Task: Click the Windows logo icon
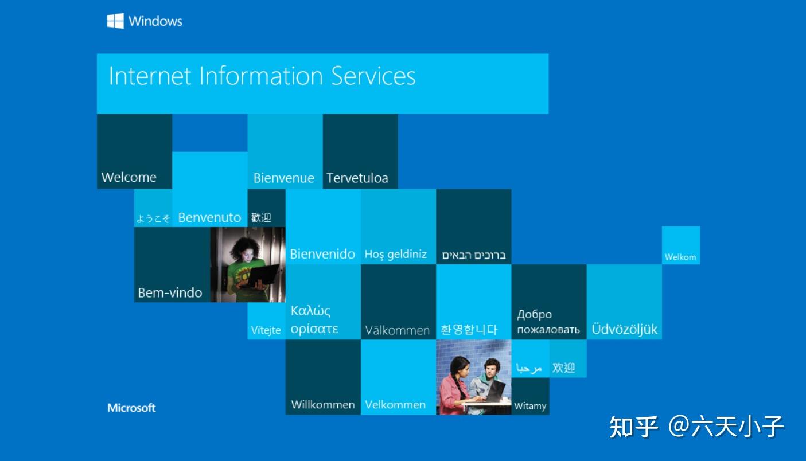pyautogui.click(x=115, y=21)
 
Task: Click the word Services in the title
pyautogui.click(x=373, y=76)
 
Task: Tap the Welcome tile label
pyautogui.click(x=129, y=177)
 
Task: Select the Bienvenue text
pyautogui.click(x=283, y=178)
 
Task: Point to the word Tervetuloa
pyautogui.click(x=357, y=178)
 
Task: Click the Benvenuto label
pyautogui.click(x=209, y=217)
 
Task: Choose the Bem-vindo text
pyautogui.click(x=170, y=292)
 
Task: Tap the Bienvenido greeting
pyautogui.click(x=322, y=254)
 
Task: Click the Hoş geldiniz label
pyautogui.click(x=395, y=254)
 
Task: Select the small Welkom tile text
pyautogui.click(x=680, y=257)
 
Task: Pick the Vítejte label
pyautogui.click(x=266, y=330)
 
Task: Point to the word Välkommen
pyautogui.click(x=397, y=330)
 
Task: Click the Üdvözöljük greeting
pyautogui.click(x=624, y=329)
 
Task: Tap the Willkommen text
pyautogui.click(x=323, y=405)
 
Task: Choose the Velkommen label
pyautogui.click(x=395, y=405)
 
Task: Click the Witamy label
pyautogui.click(x=530, y=406)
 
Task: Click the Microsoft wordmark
pyautogui.click(x=131, y=408)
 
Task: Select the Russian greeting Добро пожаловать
pyautogui.click(x=548, y=322)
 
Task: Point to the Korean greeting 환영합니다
pyautogui.click(x=469, y=329)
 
